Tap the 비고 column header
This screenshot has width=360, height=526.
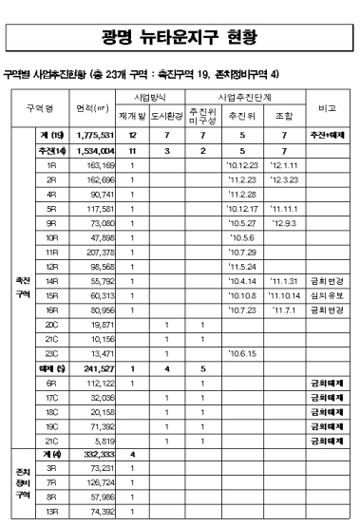pos(332,109)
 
